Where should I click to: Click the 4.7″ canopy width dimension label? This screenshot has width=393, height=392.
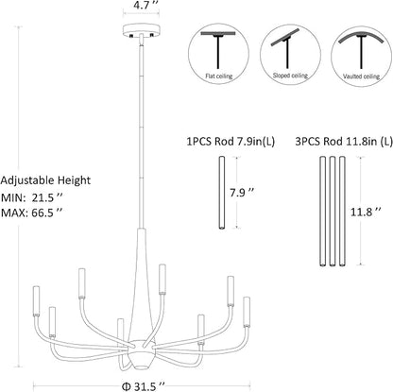pos(141,6)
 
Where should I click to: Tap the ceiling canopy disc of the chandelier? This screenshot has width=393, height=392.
pos(142,30)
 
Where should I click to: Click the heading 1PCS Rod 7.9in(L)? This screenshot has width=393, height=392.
pos(231,142)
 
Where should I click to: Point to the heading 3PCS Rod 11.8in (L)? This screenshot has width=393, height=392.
pos(344,142)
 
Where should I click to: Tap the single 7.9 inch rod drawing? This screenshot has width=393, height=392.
pos(222,193)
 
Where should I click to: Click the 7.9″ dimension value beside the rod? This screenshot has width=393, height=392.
pos(242,193)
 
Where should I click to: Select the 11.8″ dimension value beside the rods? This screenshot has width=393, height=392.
pos(367,212)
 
